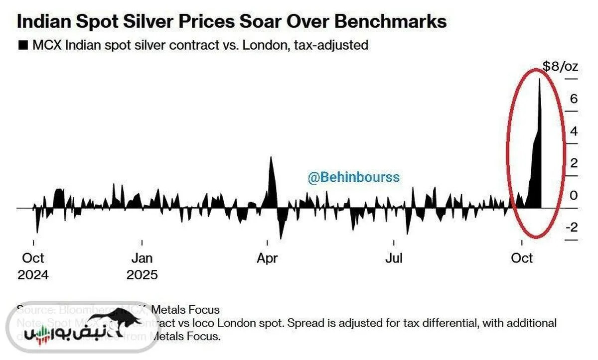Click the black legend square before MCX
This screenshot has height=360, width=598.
pos(22,46)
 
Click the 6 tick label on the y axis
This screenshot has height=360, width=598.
pos(574,99)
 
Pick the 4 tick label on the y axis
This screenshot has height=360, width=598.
pos(574,131)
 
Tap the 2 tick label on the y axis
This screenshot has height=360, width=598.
pos(574,163)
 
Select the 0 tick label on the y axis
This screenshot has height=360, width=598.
pos(574,195)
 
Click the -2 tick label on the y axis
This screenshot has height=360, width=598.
pos(572,227)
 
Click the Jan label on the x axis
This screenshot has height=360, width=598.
pos(142,258)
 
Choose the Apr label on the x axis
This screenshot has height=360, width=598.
pos(268,258)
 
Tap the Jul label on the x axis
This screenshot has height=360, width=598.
pos(394,258)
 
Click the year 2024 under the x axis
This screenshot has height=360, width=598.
pos(33,275)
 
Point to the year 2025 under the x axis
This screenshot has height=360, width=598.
pos(142,275)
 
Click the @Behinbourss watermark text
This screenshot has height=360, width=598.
pos(354,177)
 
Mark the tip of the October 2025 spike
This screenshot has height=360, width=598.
pos(539,79)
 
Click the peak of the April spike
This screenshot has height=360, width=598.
pos(271,157)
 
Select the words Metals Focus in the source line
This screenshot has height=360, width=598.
pos(185,310)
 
